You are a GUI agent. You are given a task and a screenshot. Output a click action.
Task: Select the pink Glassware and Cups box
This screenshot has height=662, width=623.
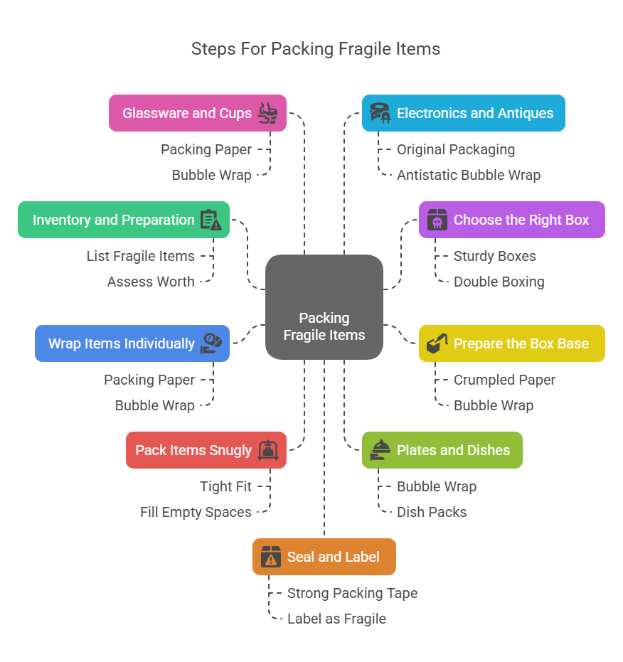[x=198, y=113]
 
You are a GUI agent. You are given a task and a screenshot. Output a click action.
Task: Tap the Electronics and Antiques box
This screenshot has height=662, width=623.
[x=463, y=113]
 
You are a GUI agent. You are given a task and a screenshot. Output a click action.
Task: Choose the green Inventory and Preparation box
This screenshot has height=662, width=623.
[x=124, y=220]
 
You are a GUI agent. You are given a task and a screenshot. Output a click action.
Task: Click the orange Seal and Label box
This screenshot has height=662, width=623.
[x=324, y=557]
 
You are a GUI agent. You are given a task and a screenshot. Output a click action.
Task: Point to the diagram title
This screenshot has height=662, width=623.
[x=316, y=49]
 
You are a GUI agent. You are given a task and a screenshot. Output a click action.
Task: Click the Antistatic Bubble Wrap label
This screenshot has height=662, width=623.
[x=468, y=175]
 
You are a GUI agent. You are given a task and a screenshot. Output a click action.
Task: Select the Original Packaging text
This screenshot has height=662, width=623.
[x=455, y=149]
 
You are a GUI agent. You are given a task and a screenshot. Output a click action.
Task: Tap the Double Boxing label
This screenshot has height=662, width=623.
[x=499, y=282]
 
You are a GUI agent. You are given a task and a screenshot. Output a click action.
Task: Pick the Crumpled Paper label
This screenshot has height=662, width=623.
[x=504, y=380]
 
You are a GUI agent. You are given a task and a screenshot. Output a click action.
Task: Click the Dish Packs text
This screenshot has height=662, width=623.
[x=431, y=512]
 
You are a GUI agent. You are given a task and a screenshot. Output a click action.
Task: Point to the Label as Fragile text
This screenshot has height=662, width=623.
[x=336, y=619]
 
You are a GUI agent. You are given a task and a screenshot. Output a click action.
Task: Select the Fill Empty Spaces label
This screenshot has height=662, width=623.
[x=196, y=512]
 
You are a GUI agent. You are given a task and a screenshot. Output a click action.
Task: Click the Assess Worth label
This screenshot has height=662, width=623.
[x=151, y=282]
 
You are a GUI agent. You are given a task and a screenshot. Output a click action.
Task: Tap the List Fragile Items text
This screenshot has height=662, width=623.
[x=140, y=256]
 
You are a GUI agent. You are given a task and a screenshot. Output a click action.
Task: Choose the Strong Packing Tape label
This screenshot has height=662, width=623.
[x=352, y=593]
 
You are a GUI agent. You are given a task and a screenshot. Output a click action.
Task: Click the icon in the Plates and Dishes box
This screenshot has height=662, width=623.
[x=378, y=451]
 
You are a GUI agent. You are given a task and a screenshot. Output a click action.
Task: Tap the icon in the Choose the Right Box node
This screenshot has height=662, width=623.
[x=436, y=220]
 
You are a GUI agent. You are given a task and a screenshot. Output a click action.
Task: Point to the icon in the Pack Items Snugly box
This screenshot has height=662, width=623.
[x=267, y=450]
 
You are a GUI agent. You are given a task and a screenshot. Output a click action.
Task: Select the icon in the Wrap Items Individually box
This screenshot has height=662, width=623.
[x=211, y=343]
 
